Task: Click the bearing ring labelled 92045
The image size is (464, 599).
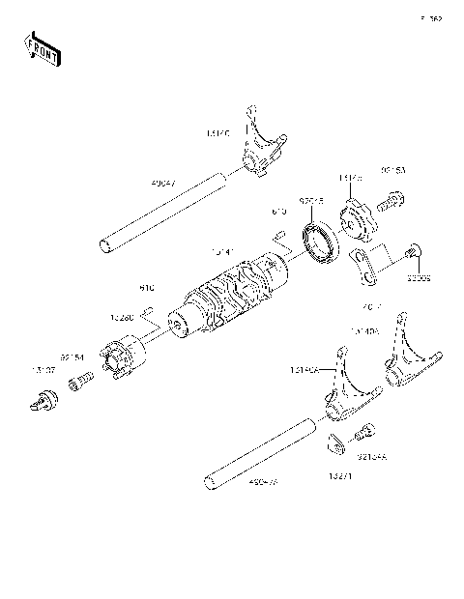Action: click(320, 241)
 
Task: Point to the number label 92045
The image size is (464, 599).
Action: click(310, 201)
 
